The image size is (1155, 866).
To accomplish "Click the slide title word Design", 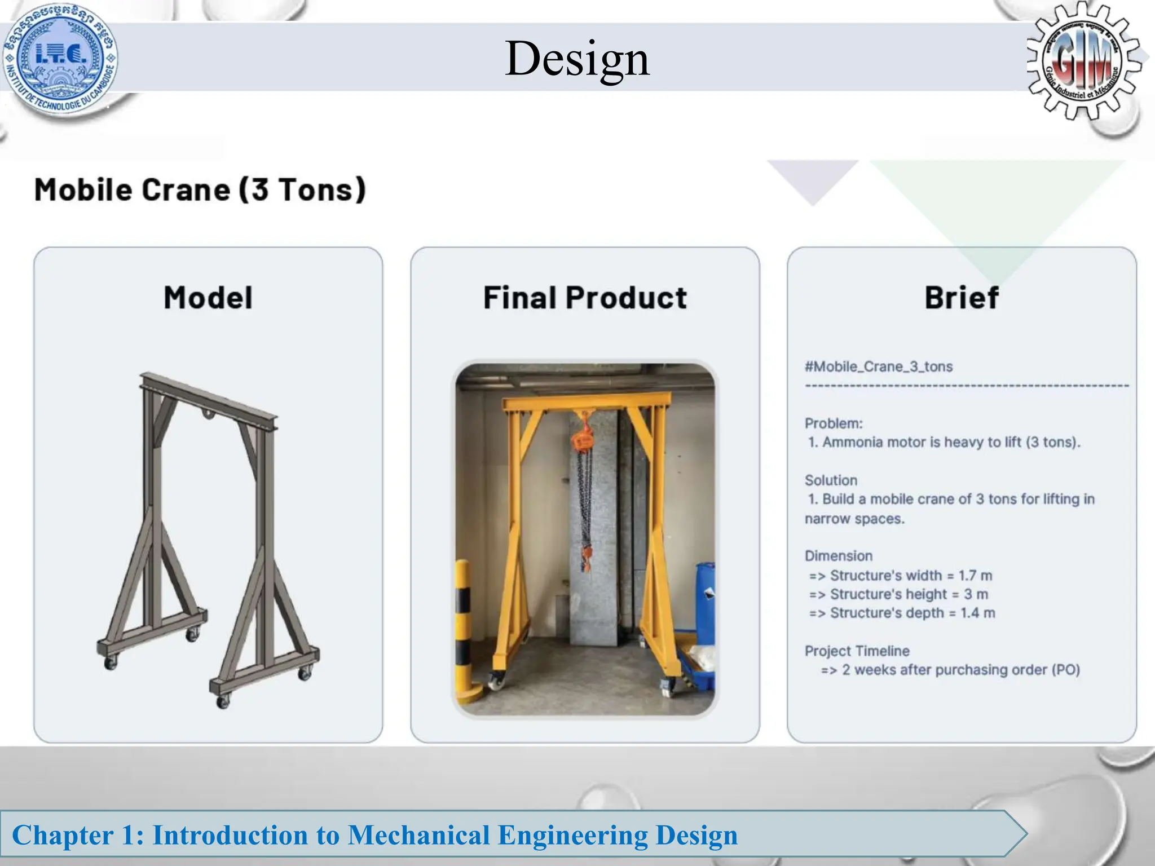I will pyautogui.click(x=577, y=59).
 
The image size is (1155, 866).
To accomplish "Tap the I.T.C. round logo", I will pyautogui.click(x=60, y=58).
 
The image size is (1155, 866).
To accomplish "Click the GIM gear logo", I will pyautogui.click(x=1082, y=61).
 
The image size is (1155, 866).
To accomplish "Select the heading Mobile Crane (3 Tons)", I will pyautogui.click(x=200, y=189).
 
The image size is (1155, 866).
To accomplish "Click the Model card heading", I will pyautogui.click(x=208, y=298).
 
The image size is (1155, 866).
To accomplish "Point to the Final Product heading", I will pyautogui.click(x=585, y=298).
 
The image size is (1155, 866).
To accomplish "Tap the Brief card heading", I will pyautogui.click(x=962, y=298).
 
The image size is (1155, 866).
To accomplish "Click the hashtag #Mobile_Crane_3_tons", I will pyautogui.click(x=879, y=366).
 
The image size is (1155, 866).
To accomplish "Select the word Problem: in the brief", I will pyautogui.click(x=834, y=423).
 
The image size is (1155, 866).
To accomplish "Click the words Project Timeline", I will pyautogui.click(x=857, y=651).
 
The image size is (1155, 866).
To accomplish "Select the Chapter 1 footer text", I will pyautogui.click(x=374, y=835).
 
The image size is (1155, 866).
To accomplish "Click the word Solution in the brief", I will pyautogui.click(x=831, y=480).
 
